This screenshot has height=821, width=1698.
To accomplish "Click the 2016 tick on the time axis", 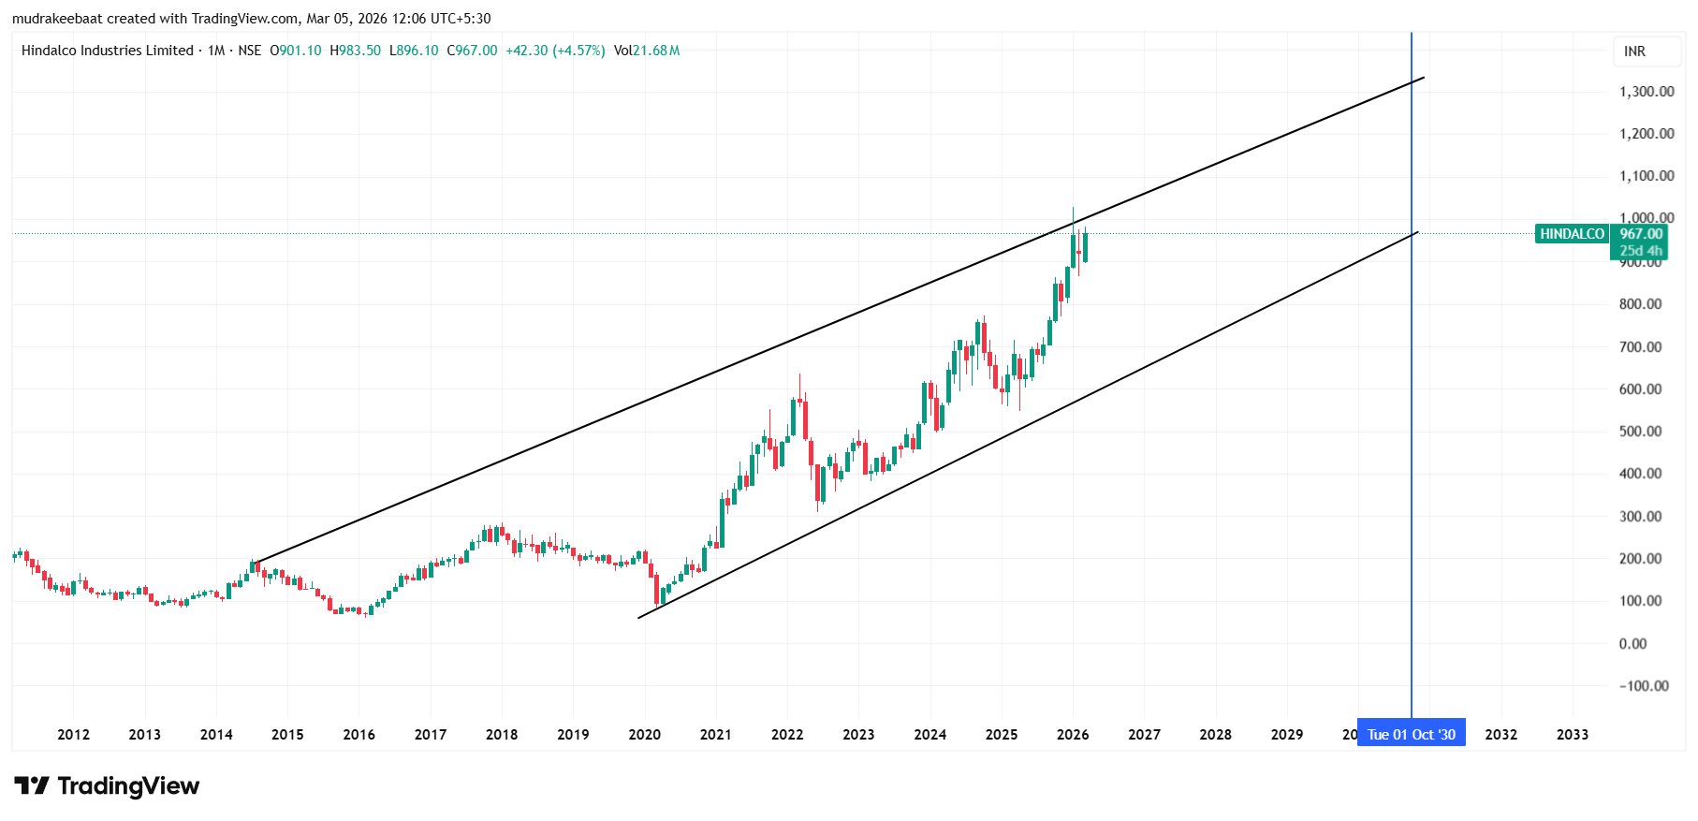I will [x=359, y=735].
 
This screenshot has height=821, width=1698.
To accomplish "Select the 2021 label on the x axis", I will [x=715, y=735].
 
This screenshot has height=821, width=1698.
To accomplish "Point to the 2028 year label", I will [x=1215, y=735].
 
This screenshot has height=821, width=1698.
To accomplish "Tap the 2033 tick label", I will [x=1572, y=735].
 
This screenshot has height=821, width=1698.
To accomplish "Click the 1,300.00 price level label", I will [x=1647, y=92].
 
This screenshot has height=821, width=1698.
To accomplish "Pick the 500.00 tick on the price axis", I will [x=1640, y=432].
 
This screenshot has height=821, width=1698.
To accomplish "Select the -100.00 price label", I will [x=1644, y=686].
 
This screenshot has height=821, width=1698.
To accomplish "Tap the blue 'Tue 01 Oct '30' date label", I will [x=1411, y=735].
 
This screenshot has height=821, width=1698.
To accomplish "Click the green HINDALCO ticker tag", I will [x=1572, y=234].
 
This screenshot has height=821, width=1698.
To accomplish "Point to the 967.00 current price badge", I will [x=1641, y=234].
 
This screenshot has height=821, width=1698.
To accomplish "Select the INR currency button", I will [x=1634, y=51].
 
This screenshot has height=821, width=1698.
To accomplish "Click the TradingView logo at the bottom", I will [x=107, y=786].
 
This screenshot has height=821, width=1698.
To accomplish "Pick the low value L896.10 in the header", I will [x=414, y=51].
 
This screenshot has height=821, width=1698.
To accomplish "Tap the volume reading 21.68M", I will [x=655, y=51].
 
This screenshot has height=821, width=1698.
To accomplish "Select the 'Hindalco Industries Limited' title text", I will [x=107, y=51].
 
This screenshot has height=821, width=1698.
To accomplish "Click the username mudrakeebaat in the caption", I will [x=57, y=19].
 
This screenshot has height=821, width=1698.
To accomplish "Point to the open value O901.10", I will [x=296, y=51].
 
